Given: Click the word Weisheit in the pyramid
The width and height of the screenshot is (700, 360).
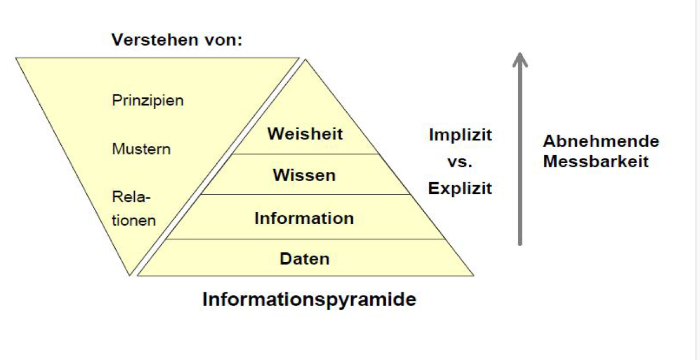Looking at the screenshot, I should tap(305, 134).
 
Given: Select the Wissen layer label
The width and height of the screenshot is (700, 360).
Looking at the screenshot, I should tap(304, 175).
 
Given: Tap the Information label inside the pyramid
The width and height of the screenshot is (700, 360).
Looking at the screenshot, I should tap(304, 218).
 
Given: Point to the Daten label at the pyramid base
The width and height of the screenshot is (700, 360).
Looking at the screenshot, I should tap(305, 258).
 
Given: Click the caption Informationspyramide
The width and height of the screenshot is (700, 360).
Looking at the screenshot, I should tap(309, 300).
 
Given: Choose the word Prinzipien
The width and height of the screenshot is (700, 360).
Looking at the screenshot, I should tap(148, 100).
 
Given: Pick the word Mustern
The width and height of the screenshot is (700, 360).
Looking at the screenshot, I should tap(141, 149).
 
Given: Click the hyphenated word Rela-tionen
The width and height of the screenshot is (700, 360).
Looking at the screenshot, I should tap(134, 209).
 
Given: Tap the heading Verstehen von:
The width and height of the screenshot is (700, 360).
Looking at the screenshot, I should tap(176, 41).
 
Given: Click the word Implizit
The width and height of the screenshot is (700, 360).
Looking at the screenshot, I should tap(460, 135).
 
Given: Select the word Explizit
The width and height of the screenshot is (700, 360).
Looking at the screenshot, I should tap(460, 188).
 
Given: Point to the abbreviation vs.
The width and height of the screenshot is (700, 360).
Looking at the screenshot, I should tap(460, 162).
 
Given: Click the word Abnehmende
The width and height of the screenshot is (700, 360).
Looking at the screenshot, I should tap(600, 142).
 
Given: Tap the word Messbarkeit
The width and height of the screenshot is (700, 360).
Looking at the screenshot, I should tap(596, 161).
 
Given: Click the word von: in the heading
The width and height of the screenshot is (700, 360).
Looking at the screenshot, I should tap(222, 41).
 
